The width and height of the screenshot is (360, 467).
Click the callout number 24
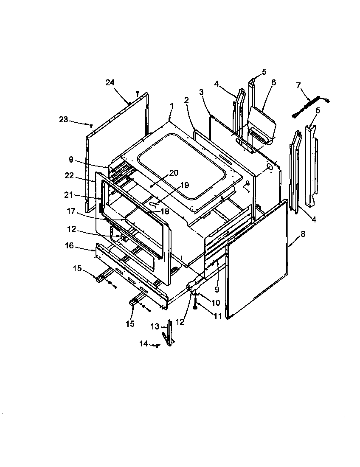pyautogui.click(x=110, y=82)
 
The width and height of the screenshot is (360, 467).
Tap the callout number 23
pyautogui.click(x=63, y=120)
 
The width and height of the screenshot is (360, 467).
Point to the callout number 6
pyautogui.click(x=273, y=82)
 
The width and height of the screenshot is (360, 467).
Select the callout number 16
pyautogui.click(x=69, y=245)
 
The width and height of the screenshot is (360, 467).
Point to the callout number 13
pyautogui.click(x=155, y=326)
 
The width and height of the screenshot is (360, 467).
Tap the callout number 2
pyautogui.click(x=186, y=100)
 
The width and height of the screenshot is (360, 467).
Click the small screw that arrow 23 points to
pyautogui.click(x=91, y=125)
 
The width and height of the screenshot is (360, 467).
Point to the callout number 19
pyautogui.click(x=183, y=185)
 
